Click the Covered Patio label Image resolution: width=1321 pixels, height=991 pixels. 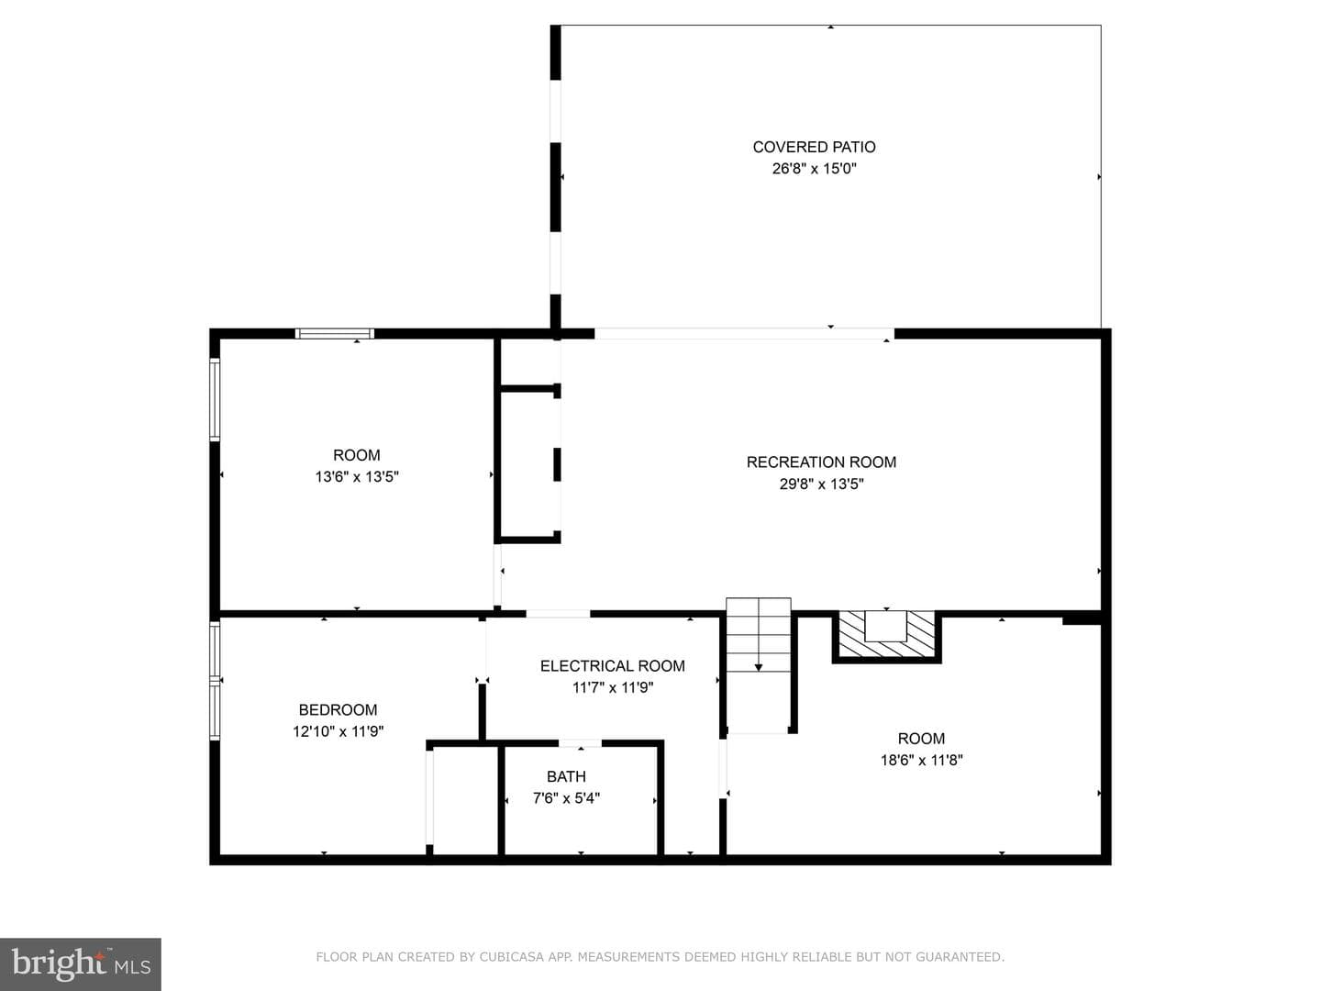click(x=814, y=147)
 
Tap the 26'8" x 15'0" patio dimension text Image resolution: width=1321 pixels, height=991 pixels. click(x=814, y=169)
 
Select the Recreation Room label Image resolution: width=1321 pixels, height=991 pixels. click(x=821, y=462)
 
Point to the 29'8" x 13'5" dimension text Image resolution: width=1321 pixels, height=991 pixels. click(x=821, y=484)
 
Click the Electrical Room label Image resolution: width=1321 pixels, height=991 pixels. click(x=612, y=666)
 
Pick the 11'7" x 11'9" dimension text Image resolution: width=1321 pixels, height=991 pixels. click(x=612, y=687)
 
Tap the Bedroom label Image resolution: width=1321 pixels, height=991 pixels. click(x=338, y=710)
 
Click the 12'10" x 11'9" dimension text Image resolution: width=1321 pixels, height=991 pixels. click(x=338, y=731)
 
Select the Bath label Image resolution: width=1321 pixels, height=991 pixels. click(x=566, y=777)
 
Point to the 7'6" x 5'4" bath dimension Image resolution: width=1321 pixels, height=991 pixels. click(x=566, y=798)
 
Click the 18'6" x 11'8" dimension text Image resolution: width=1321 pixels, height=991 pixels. click(x=921, y=760)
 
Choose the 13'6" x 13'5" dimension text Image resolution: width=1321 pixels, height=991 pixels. click(x=357, y=476)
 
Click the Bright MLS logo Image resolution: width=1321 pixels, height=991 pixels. click(x=81, y=963)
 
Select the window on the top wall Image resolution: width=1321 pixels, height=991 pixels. click(x=335, y=334)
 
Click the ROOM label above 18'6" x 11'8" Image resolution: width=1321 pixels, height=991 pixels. click(x=921, y=739)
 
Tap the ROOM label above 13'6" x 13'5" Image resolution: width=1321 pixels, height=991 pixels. click(x=357, y=455)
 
